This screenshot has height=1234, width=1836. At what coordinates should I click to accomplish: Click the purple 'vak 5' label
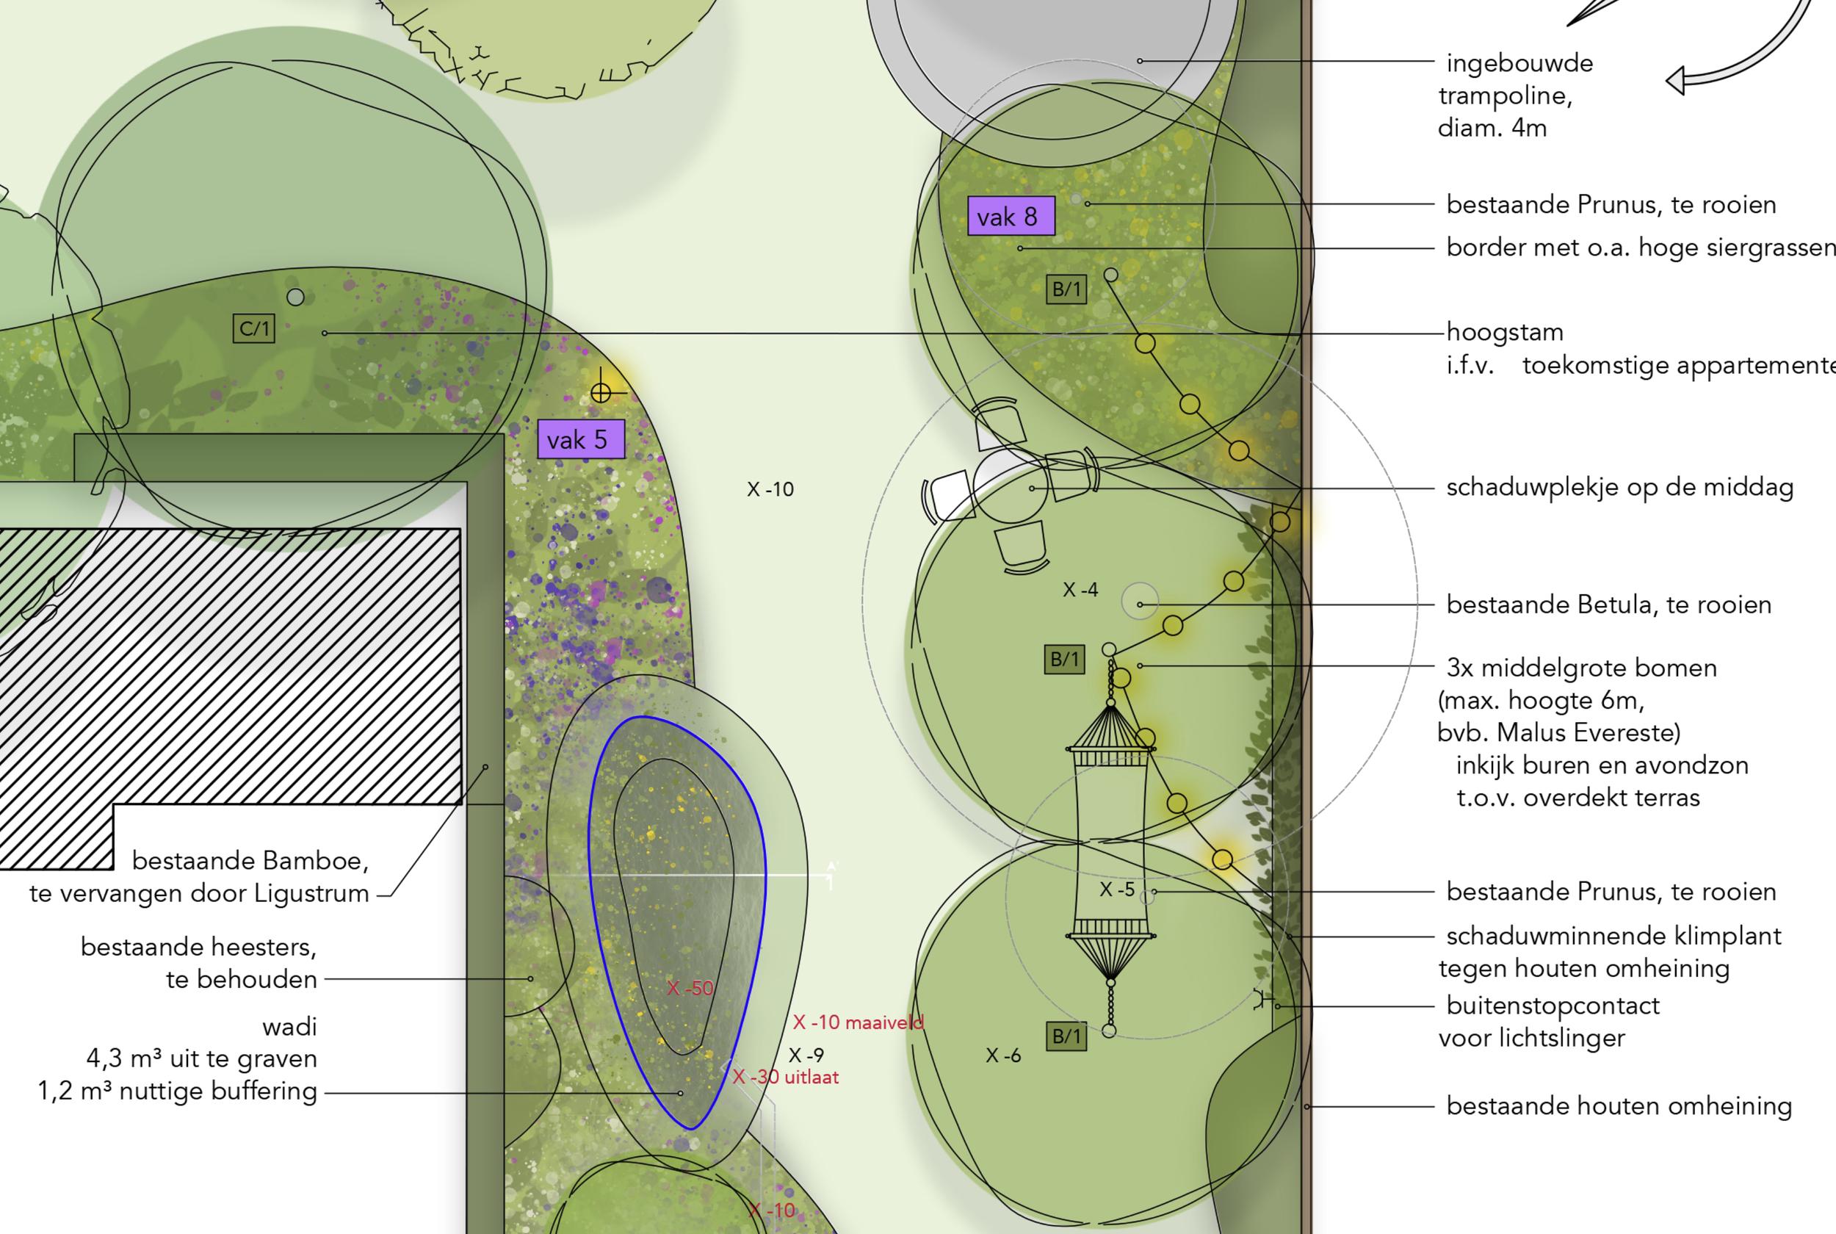click(x=580, y=439)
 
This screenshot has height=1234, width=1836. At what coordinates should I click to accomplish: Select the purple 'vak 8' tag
click(x=1010, y=216)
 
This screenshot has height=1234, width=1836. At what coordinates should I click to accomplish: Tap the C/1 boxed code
click(x=253, y=328)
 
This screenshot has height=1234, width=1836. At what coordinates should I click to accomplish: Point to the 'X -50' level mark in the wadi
click(x=690, y=988)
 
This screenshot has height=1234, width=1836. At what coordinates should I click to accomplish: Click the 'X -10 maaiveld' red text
click(x=858, y=1022)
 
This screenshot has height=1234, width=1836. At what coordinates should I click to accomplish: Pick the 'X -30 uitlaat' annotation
click(x=785, y=1077)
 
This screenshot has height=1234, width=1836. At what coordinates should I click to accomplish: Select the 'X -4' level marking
click(x=1080, y=589)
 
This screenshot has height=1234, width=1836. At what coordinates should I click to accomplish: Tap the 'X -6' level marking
click(x=1003, y=1056)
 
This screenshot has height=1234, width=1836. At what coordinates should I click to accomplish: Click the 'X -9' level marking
click(x=806, y=1055)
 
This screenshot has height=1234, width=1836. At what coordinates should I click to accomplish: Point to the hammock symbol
click(x=1110, y=842)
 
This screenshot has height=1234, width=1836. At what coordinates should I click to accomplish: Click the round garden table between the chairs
click(x=1010, y=486)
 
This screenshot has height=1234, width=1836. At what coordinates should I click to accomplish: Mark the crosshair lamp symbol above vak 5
click(x=601, y=392)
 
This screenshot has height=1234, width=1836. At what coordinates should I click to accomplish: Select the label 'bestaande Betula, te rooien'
click(x=1608, y=605)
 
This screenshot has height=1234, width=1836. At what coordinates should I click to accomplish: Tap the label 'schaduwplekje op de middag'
click(x=1619, y=487)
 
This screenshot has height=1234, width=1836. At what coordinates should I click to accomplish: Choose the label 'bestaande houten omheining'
click(x=1618, y=1105)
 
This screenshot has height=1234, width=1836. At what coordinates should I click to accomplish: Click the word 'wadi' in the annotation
click(x=289, y=1026)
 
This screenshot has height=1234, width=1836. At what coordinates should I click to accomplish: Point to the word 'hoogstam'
click(x=1504, y=332)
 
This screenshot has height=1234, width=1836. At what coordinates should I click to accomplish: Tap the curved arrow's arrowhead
click(x=1677, y=81)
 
